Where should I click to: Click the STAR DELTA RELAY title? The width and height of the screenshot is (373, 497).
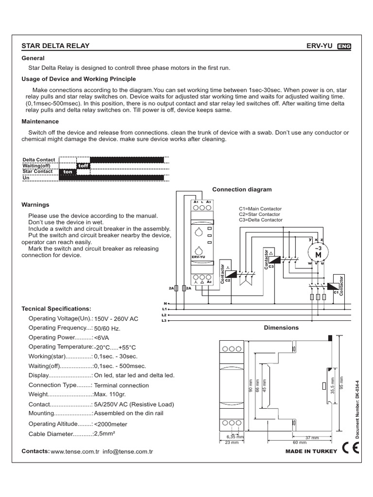pos(55,46)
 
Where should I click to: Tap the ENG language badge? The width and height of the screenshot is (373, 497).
pos(344,47)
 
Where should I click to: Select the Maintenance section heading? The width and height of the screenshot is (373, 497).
pos(40,121)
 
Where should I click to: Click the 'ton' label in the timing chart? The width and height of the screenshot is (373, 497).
pos(68,172)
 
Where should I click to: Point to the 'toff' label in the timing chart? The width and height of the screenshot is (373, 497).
pos(84,166)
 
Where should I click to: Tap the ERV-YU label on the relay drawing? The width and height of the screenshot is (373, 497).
pos(199,257)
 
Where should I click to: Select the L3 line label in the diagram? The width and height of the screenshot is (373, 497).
pos(164,321)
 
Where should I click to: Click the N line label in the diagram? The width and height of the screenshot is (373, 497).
pos(165,303)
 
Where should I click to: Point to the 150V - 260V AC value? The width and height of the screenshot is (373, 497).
pos(116,319)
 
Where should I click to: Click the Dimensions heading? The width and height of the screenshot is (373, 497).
pos(281,328)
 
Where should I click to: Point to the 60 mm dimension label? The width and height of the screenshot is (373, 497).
pos(300,443)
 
